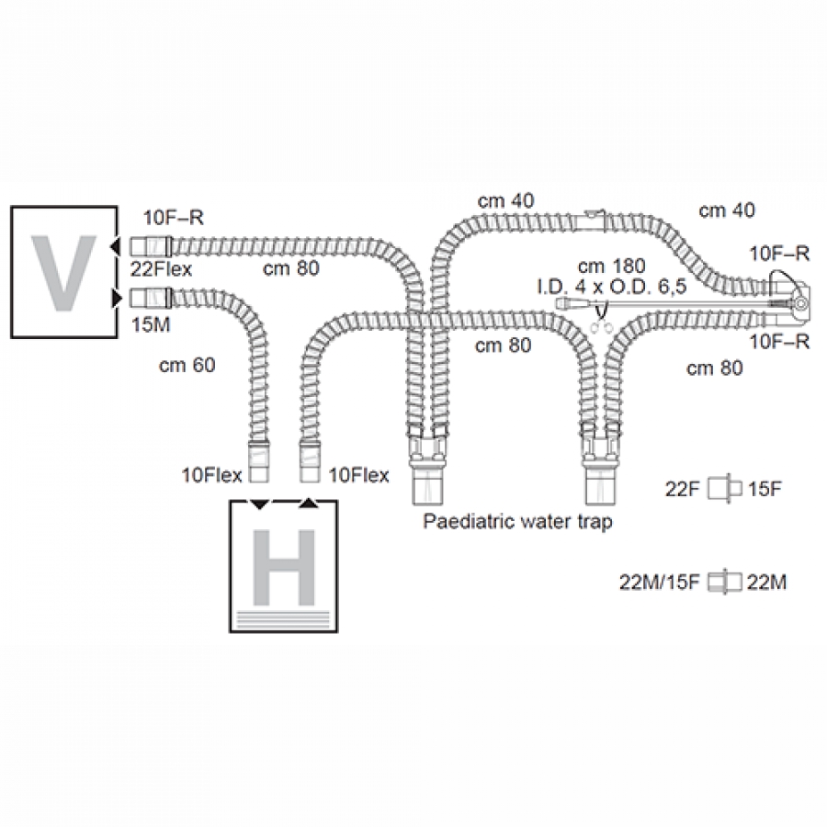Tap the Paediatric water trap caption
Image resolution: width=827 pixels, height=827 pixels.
[516, 521]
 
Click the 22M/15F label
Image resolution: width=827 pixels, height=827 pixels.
[662, 581]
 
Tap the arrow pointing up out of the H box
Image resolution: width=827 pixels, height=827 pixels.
[310, 503]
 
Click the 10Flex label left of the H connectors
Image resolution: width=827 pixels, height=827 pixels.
[212, 475]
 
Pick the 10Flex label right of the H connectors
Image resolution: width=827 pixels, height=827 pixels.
[359, 475]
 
